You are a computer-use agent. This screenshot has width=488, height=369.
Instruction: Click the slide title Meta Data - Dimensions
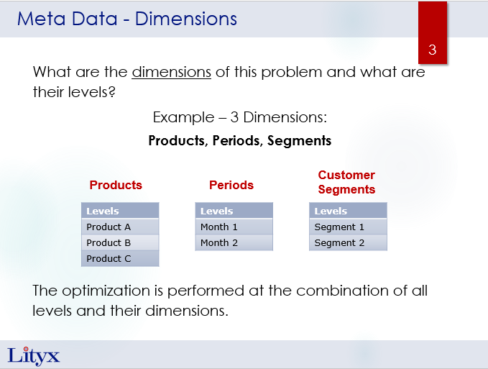(127, 19)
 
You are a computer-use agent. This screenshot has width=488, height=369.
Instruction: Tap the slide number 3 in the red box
(432, 50)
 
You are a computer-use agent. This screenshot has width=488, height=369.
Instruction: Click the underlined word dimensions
(172, 72)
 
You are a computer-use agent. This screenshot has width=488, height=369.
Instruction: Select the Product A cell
(120, 227)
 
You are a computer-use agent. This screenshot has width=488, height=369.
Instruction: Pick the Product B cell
(120, 242)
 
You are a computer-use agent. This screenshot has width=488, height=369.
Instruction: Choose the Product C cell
(120, 258)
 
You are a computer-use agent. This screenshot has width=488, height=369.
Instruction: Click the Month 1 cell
(234, 227)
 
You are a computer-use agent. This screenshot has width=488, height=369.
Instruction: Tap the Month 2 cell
(234, 242)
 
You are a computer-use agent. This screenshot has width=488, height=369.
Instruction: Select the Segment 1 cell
(349, 227)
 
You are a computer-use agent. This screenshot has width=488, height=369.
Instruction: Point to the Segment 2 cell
(349, 242)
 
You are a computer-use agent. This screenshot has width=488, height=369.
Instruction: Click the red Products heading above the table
(116, 185)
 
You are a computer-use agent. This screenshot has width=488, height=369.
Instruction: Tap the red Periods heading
(231, 185)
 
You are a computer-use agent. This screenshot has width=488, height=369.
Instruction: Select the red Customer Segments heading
(346, 182)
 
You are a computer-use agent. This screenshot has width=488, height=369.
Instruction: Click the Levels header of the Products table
(120, 211)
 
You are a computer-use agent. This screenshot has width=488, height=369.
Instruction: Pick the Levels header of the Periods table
(234, 211)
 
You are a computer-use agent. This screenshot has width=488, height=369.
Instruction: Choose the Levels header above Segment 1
(349, 211)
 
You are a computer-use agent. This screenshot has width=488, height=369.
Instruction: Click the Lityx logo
(33, 356)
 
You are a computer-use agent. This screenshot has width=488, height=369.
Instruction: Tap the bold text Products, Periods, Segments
(239, 141)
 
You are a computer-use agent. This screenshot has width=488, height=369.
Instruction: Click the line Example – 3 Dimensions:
(239, 117)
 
